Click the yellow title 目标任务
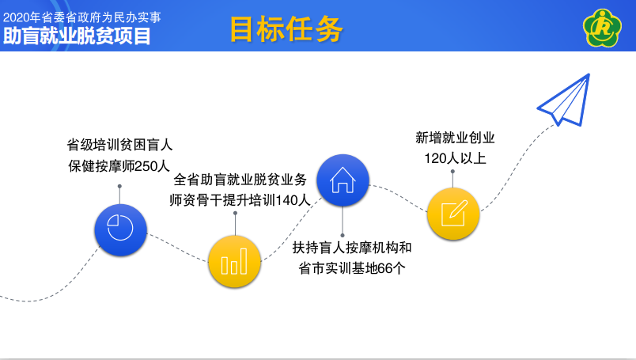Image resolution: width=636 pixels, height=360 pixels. tap(286, 28)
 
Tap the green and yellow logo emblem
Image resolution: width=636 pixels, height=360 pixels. tap(602, 28)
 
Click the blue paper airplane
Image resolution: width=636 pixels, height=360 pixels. tap(564, 100)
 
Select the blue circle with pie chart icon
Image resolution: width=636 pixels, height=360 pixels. tap(120, 229)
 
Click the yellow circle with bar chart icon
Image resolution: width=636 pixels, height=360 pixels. tap(234, 261)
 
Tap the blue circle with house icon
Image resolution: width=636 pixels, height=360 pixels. tap(343, 180)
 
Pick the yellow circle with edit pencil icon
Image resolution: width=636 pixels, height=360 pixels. tap(453, 214)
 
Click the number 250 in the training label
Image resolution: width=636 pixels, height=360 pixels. tap(146, 166)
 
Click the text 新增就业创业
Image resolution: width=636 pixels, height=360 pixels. tap(455, 138)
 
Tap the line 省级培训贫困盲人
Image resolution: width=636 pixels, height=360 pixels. tap(119, 145)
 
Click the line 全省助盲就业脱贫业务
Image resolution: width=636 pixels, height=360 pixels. tap(240, 180)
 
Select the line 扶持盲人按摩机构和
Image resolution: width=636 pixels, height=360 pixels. tap(352, 248)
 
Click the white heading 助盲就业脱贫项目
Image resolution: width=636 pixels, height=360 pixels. tap(77, 36)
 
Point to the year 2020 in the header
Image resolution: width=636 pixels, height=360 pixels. tap(17, 17)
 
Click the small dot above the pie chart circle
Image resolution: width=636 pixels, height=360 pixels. tap(119, 186)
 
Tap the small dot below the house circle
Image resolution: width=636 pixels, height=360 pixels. tap(343, 236)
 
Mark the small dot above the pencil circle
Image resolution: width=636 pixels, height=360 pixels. tap(452, 171)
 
